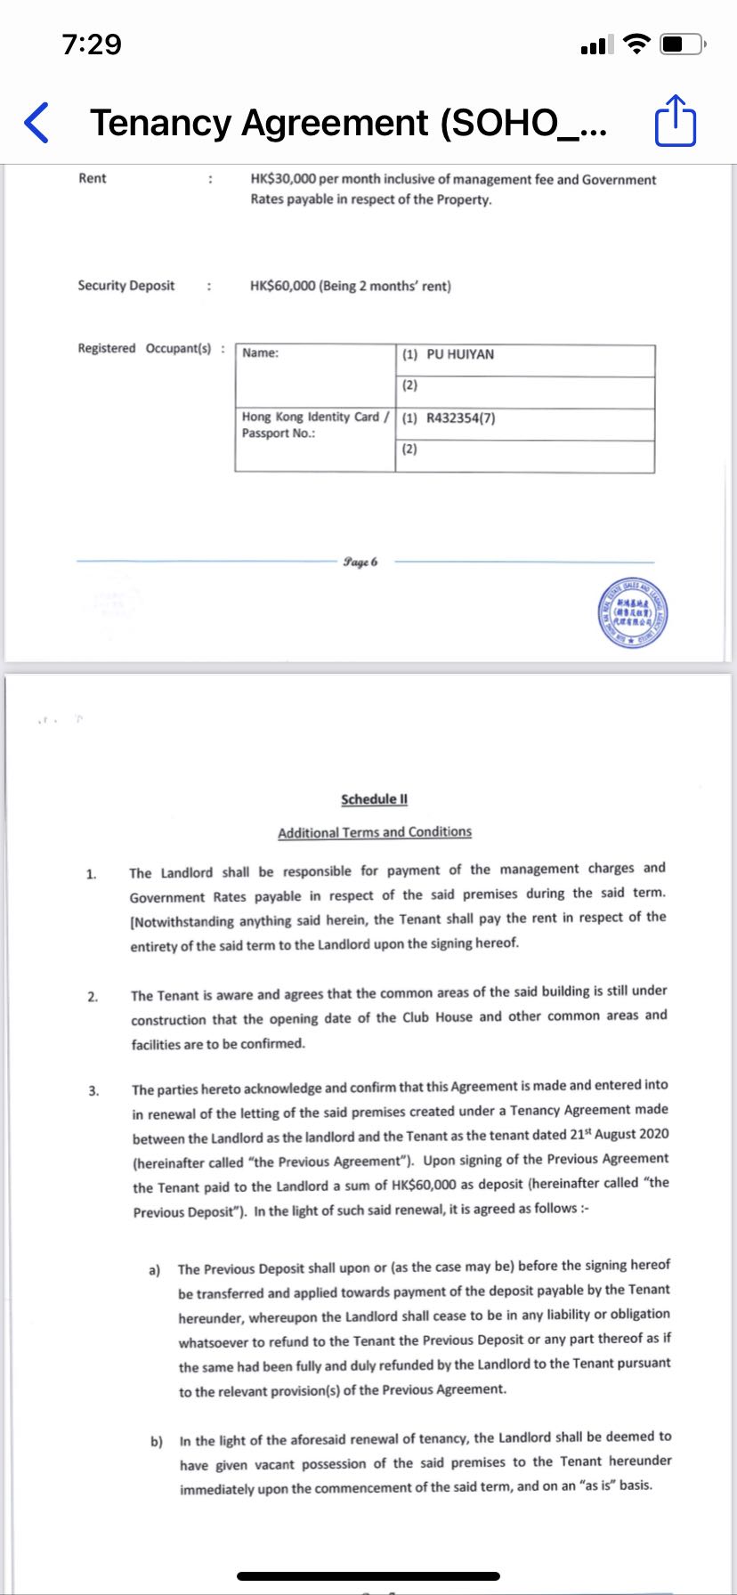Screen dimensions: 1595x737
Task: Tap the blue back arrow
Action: pyautogui.click(x=36, y=123)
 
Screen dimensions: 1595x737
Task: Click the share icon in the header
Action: pyautogui.click(x=675, y=121)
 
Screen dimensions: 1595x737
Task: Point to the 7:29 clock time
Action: pyautogui.click(x=92, y=44)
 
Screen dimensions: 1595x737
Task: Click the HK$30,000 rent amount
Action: pyautogui.click(x=283, y=179)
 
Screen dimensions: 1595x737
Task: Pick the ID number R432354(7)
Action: pyautogui.click(x=460, y=417)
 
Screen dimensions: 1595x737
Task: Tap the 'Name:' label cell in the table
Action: pyautogui.click(x=260, y=353)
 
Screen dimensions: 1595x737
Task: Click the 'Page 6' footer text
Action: pyautogui.click(x=360, y=562)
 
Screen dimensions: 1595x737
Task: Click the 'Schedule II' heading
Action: pyautogui.click(x=374, y=799)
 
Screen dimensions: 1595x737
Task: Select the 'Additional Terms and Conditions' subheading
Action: pyautogui.click(x=375, y=832)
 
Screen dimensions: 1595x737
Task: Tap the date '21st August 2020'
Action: pyautogui.click(x=620, y=1134)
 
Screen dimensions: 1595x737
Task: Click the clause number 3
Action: pyautogui.click(x=93, y=1090)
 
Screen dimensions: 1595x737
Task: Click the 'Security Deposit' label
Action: pyautogui.click(x=126, y=286)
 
